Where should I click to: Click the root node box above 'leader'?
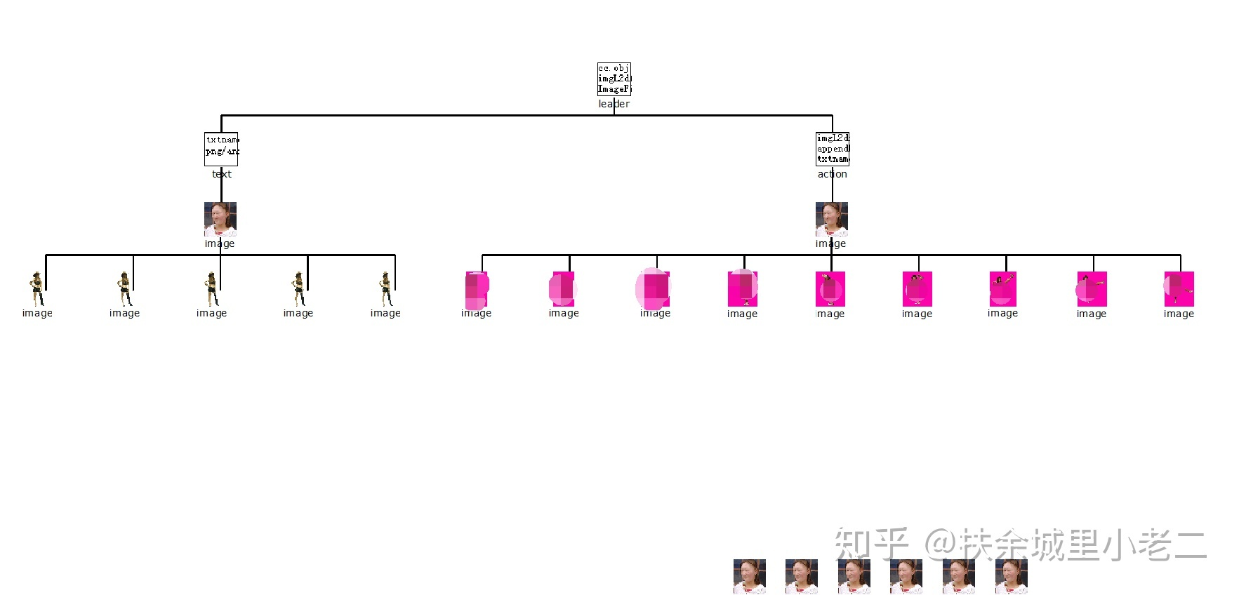tap(614, 79)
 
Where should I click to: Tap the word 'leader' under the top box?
tap(614, 104)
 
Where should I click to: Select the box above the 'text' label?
tap(221, 149)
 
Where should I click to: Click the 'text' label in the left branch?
tap(222, 174)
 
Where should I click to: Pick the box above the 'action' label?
tap(833, 149)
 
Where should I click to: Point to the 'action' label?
tap(833, 174)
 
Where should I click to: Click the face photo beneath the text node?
tap(220, 219)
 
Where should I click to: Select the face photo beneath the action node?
tap(832, 219)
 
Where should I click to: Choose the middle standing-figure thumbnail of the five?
tap(211, 289)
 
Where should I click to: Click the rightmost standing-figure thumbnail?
tap(385, 289)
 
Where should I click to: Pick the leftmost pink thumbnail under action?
tap(477, 289)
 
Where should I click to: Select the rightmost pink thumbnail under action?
tap(1179, 289)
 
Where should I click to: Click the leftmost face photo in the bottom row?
tap(750, 577)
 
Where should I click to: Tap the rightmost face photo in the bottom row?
tap(1011, 577)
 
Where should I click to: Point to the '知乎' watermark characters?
tap(871, 544)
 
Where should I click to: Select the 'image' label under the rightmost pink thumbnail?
tap(1179, 314)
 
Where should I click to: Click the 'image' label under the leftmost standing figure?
tap(37, 313)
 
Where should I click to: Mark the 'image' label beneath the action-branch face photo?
tap(830, 243)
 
